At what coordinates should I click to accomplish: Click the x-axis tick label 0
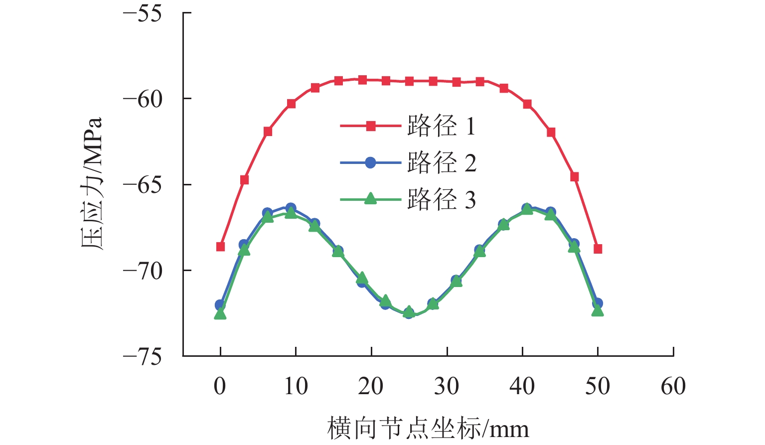click(220, 386)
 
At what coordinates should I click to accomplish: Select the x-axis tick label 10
click(296, 386)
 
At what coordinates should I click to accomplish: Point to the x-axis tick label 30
click(447, 386)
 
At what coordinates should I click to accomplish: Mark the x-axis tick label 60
click(673, 386)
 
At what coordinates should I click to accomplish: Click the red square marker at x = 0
click(220, 247)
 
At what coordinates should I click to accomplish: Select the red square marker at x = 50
click(598, 249)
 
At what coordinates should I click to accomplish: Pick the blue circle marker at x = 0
click(220, 304)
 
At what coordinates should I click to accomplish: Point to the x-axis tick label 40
click(522, 386)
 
